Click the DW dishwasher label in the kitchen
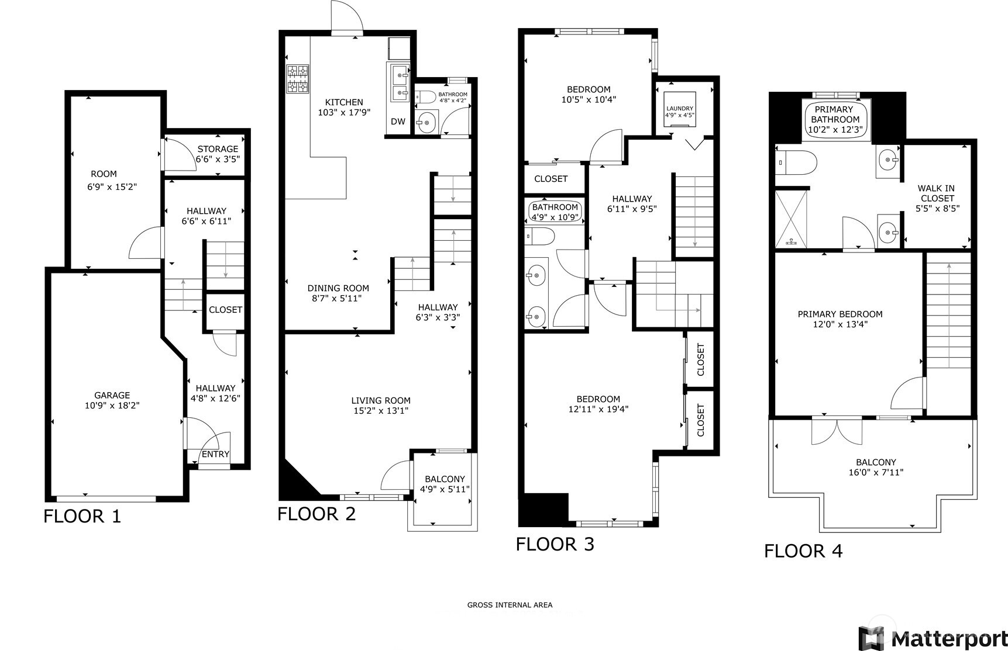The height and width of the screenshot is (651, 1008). point(398,122)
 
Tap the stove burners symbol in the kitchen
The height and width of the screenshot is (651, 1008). point(297,79)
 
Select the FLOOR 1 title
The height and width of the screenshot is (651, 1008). point(82,516)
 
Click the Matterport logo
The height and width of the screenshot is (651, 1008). point(933,638)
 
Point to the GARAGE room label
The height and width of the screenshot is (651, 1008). point(112,395)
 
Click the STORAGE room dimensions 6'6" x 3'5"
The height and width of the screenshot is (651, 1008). point(218,158)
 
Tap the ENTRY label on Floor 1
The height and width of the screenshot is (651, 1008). point(215,454)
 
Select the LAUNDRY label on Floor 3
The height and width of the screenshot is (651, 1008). point(679,109)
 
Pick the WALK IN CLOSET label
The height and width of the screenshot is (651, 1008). point(936,193)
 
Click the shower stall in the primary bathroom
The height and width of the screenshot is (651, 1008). point(792,216)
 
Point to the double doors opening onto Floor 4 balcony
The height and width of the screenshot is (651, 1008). point(837,431)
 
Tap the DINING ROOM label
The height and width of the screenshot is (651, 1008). point(338,288)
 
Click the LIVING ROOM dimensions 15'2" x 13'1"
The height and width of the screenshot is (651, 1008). point(381,411)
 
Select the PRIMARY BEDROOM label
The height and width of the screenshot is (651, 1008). point(840,314)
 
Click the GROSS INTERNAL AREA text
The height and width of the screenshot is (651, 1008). point(510,605)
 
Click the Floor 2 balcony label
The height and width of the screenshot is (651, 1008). point(445,479)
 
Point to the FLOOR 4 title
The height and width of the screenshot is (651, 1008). point(803,550)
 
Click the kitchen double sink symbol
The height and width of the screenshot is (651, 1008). point(401,83)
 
